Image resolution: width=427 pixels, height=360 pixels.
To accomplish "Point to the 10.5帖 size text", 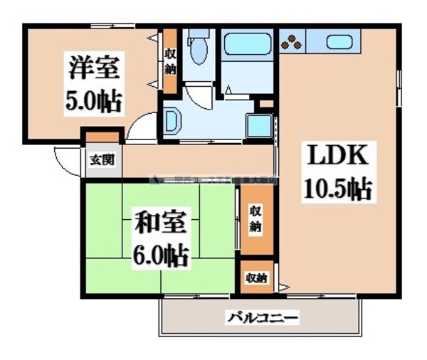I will (338, 189).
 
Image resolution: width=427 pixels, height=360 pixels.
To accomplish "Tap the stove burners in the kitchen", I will (292, 43).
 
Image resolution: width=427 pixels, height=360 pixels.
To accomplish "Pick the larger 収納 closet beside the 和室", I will (255, 219).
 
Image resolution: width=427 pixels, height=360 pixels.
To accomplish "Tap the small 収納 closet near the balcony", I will (256, 278).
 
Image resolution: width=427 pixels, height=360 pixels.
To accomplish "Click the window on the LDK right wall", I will (400, 86).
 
